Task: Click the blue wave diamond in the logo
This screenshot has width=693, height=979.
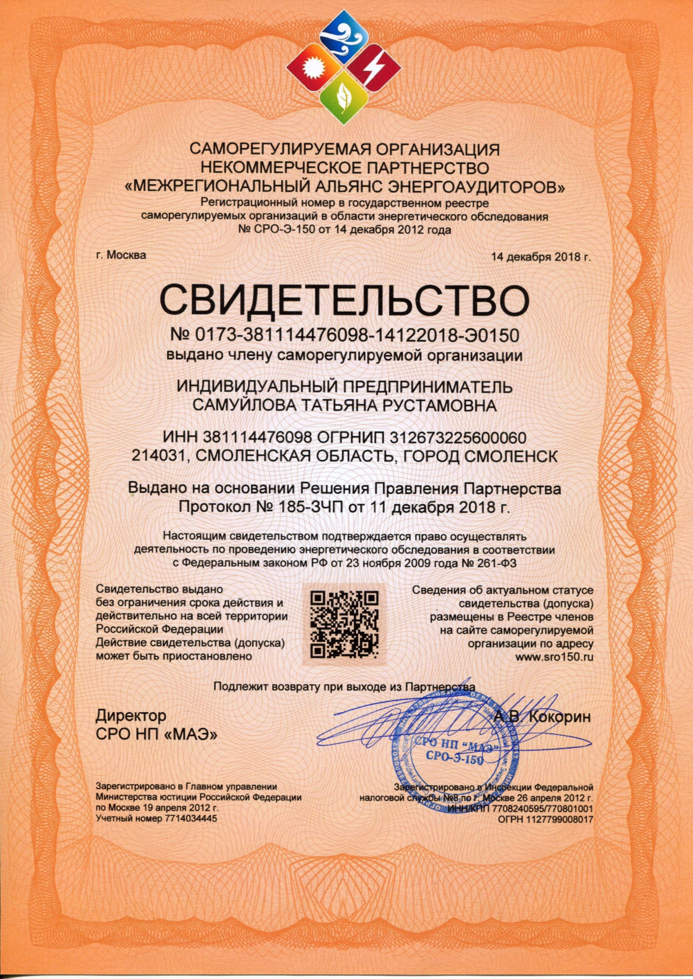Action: click(344, 37)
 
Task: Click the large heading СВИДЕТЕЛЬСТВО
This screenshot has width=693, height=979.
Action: click(344, 300)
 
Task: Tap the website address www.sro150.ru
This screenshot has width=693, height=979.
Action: click(554, 657)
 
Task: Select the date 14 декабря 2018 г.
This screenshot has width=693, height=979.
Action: click(541, 257)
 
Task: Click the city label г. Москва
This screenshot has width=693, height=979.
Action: click(121, 255)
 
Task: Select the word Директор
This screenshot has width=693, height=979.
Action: click(131, 716)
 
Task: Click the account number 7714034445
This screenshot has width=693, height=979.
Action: click(191, 818)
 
